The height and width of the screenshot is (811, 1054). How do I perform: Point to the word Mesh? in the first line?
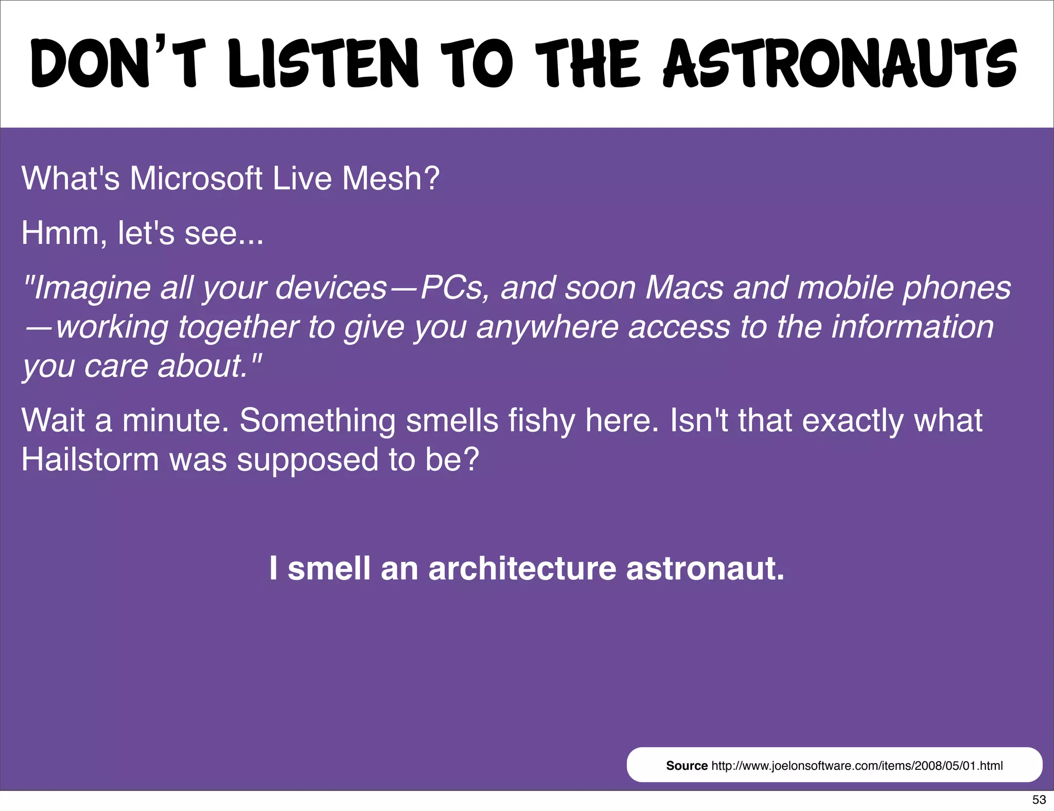point(391,179)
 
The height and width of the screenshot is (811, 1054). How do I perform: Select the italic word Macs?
point(684,288)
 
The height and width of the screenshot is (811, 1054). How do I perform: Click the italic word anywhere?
point(547,327)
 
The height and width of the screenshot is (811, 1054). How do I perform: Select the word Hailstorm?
point(90,460)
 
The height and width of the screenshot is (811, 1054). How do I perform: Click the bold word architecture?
point(522,569)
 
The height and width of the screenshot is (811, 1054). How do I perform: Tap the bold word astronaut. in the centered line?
point(705,569)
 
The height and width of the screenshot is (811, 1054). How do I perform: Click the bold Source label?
point(687,766)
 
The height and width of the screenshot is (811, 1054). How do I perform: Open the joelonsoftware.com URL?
point(857,766)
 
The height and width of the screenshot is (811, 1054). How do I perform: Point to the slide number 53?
point(1039,800)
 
